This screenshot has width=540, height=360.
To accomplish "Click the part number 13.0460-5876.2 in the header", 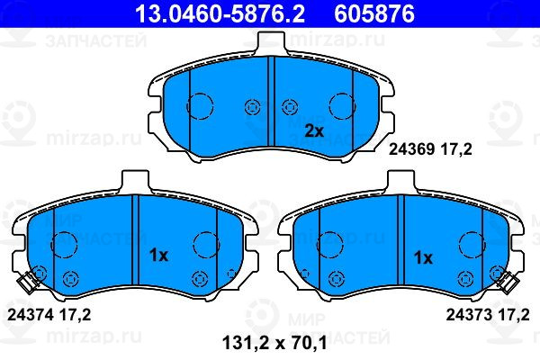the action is pyautogui.click(x=220, y=13).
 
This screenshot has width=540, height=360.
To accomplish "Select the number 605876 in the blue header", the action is pyautogui.click(x=374, y=13).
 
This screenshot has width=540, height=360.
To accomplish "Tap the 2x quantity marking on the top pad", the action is pyautogui.click(x=314, y=131).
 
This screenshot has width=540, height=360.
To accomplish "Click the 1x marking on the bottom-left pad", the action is pyautogui.click(x=158, y=256).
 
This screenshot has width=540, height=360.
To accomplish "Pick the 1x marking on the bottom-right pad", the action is pyautogui.click(x=423, y=257).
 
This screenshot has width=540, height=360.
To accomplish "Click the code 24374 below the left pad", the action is pyautogui.click(x=30, y=314).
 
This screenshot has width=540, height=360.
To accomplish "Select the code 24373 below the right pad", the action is pyautogui.click(x=468, y=314).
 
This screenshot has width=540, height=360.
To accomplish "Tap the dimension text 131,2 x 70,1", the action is pyautogui.click(x=274, y=343).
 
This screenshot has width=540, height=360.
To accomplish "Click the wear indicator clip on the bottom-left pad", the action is pyautogui.click(x=27, y=283).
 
